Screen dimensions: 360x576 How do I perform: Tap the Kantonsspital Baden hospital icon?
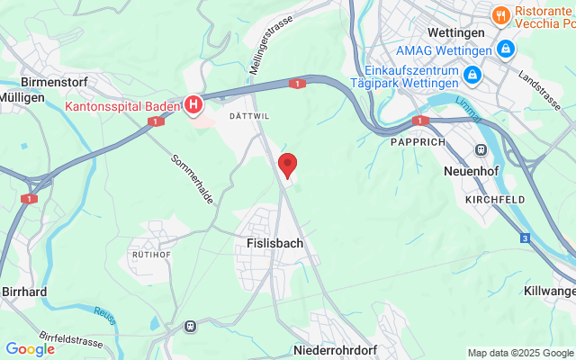(193, 106)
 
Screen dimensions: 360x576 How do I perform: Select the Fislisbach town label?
(274, 243)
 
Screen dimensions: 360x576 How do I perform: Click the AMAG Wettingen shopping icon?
(506, 48)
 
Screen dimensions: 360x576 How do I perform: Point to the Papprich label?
(417, 141)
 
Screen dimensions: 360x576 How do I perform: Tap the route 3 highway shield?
(525, 238)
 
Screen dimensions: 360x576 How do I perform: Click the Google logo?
(30, 349)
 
